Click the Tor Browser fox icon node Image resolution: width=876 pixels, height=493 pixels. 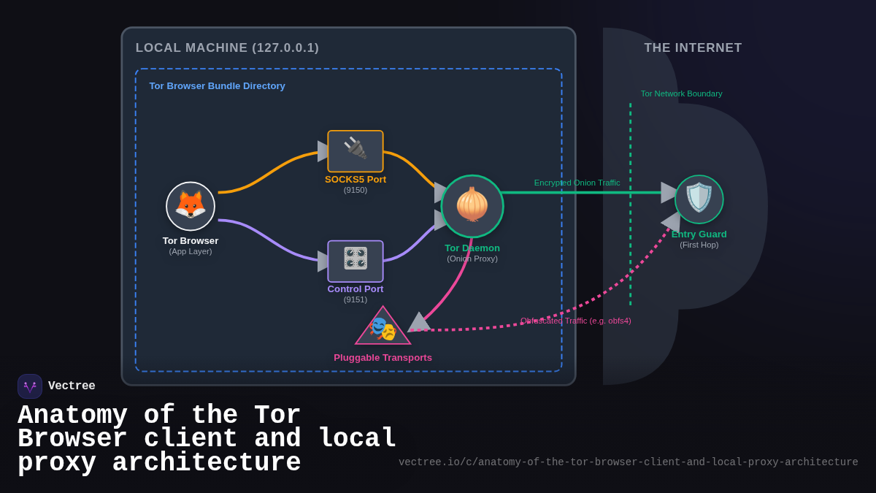[x=191, y=206]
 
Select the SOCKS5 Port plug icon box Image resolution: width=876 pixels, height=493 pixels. [x=356, y=151]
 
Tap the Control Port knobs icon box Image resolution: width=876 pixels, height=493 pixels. [x=356, y=261]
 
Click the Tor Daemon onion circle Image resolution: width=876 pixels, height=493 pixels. [x=472, y=206]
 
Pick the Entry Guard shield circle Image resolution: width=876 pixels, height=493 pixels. [x=699, y=199]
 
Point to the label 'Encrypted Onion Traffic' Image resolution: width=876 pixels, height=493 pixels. [x=577, y=183]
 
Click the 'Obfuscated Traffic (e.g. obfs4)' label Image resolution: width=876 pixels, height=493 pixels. [x=575, y=321]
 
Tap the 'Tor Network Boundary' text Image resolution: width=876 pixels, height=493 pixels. [x=681, y=93]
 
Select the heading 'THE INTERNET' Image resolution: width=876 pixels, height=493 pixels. [x=693, y=48]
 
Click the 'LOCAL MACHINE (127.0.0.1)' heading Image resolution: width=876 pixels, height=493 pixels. [x=227, y=48]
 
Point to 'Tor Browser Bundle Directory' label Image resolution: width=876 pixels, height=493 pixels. [x=217, y=86]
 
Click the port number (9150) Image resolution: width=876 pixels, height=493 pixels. [x=356, y=190]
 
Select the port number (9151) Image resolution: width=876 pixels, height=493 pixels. [x=356, y=299]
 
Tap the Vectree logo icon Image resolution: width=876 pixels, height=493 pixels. [x=30, y=386]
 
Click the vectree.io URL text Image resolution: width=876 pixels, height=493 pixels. [x=628, y=462]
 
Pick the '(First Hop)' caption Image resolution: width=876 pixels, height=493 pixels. [x=699, y=245]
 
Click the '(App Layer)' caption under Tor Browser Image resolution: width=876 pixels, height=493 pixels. [x=191, y=251]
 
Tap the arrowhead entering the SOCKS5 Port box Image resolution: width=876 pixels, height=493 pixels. [x=323, y=151]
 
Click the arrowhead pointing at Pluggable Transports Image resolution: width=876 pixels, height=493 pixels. [x=419, y=322]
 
